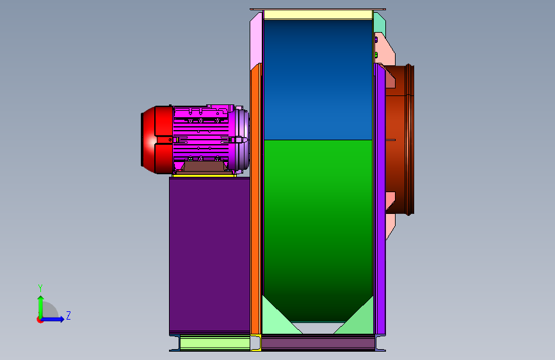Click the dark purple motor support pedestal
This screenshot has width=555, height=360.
coord(209,254)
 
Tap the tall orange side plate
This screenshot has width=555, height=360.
coord(255,199)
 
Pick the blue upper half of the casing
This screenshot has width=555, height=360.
coord(318,79)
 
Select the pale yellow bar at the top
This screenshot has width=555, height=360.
coord(318,15)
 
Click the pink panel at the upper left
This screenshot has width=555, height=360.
coord(255,41)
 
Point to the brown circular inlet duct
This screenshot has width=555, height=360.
coord(400,140)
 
